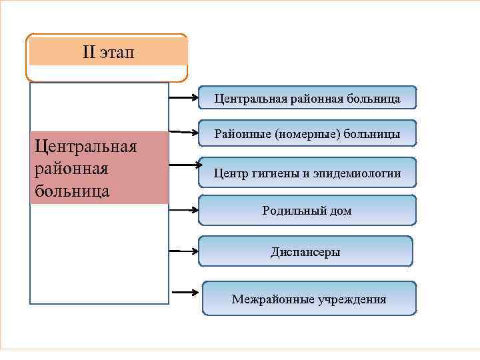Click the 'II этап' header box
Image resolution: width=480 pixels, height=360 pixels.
pos(107,52)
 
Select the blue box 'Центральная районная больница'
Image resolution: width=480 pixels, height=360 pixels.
pos(307,99)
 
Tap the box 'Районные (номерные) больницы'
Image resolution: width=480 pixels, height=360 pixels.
pos(307,134)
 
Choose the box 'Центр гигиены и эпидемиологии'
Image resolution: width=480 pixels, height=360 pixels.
pos(307,173)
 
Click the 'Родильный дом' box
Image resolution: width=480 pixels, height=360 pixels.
pos(307,211)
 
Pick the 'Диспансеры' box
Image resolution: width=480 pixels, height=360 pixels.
pos(305,251)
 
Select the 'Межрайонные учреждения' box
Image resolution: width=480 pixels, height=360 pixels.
pos(309,299)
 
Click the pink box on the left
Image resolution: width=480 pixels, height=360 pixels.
pos(99,167)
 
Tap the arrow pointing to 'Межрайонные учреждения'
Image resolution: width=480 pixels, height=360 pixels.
pos(186,292)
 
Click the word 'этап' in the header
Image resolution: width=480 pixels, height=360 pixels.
pos(117,51)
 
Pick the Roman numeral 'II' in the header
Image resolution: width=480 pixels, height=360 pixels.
pos(89,51)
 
